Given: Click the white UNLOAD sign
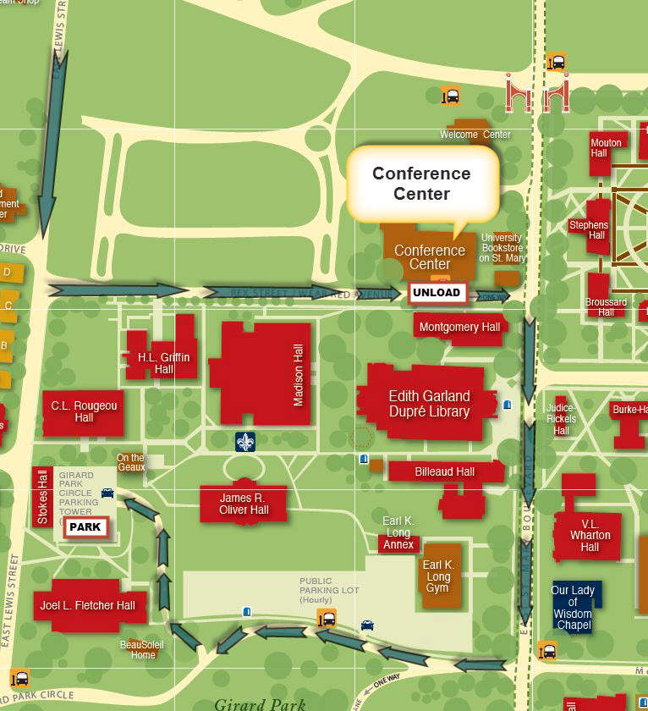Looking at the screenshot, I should pyautogui.click(x=437, y=293).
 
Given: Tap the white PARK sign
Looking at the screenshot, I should pyautogui.click(x=85, y=526).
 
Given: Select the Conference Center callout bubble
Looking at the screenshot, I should pyautogui.click(x=421, y=184).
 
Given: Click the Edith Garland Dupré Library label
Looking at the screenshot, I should pyautogui.click(x=429, y=404).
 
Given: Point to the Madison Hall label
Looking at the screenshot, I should pyautogui.click(x=298, y=375).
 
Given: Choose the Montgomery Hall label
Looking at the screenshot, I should pyautogui.click(x=459, y=328).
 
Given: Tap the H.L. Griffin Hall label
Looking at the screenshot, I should pyautogui.click(x=164, y=363).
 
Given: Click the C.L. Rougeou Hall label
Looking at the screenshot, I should pyautogui.click(x=84, y=412).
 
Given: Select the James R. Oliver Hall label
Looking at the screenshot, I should pyautogui.click(x=244, y=504).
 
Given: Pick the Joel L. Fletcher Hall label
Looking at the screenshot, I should pyautogui.click(x=87, y=605).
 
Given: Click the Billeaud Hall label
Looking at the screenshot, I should pyautogui.click(x=444, y=472).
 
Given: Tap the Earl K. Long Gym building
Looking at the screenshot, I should pyautogui.click(x=437, y=576).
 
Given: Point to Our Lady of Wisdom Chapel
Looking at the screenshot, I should pyautogui.click(x=573, y=607).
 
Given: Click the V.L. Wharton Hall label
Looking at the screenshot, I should pyautogui.click(x=590, y=535).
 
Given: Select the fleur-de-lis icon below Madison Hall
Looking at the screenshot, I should pyautogui.click(x=245, y=441).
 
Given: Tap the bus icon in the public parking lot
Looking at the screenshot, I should pyautogui.click(x=327, y=619).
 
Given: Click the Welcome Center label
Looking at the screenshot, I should pyautogui.click(x=475, y=135).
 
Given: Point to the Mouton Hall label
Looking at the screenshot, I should pyautogui.click(x=606, y=148).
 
